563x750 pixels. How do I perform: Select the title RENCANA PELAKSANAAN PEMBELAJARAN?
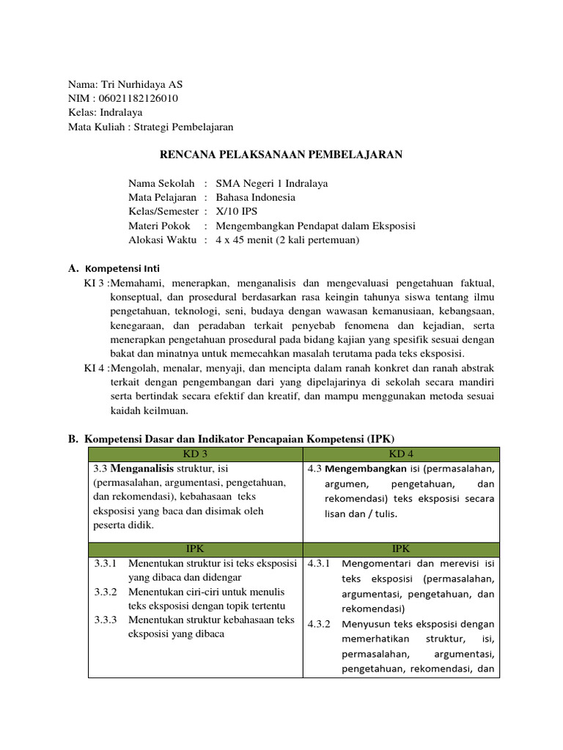click(281, 155)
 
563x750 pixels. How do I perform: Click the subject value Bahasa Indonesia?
click(255, 197)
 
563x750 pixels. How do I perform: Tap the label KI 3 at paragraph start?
click(95, 282)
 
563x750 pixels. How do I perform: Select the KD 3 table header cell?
click(195, 454)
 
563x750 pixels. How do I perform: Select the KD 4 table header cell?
click(400, 454)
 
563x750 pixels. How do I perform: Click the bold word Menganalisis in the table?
click(144, 468)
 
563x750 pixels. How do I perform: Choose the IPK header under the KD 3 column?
click(195, 549)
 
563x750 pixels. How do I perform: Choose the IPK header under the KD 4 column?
click(400, 549)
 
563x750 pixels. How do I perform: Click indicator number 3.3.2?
click(106, 592)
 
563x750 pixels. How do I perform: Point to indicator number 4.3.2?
click(320, 624)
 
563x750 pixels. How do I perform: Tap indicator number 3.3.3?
click(106, 620)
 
